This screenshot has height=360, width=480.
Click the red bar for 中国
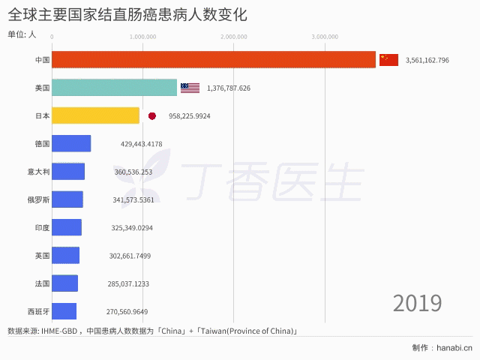tap(214, 59)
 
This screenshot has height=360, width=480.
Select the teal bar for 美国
tap(114, 88)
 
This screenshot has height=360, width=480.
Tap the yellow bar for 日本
tap(95, 115)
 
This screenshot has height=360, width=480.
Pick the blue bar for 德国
tap(71, 143)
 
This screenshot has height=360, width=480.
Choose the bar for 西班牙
tap(64, 311)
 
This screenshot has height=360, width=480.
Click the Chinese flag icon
tap(388, 59)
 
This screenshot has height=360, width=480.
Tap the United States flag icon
tap(190, 88)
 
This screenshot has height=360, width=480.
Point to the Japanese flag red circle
tap(152, 116)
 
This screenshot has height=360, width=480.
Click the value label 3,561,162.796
tap(427, 60)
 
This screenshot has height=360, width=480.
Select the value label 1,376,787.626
tap(229, 88)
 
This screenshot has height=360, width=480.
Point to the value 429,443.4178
tap(141, 144)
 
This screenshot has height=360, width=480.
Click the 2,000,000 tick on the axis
tap(234, 36)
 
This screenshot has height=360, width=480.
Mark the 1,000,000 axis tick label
tap(142, 36)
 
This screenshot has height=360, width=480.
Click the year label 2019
tap(417, 303)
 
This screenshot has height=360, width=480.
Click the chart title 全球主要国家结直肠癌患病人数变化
tap(127, 14)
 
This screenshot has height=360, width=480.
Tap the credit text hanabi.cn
tap(454, 347)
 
